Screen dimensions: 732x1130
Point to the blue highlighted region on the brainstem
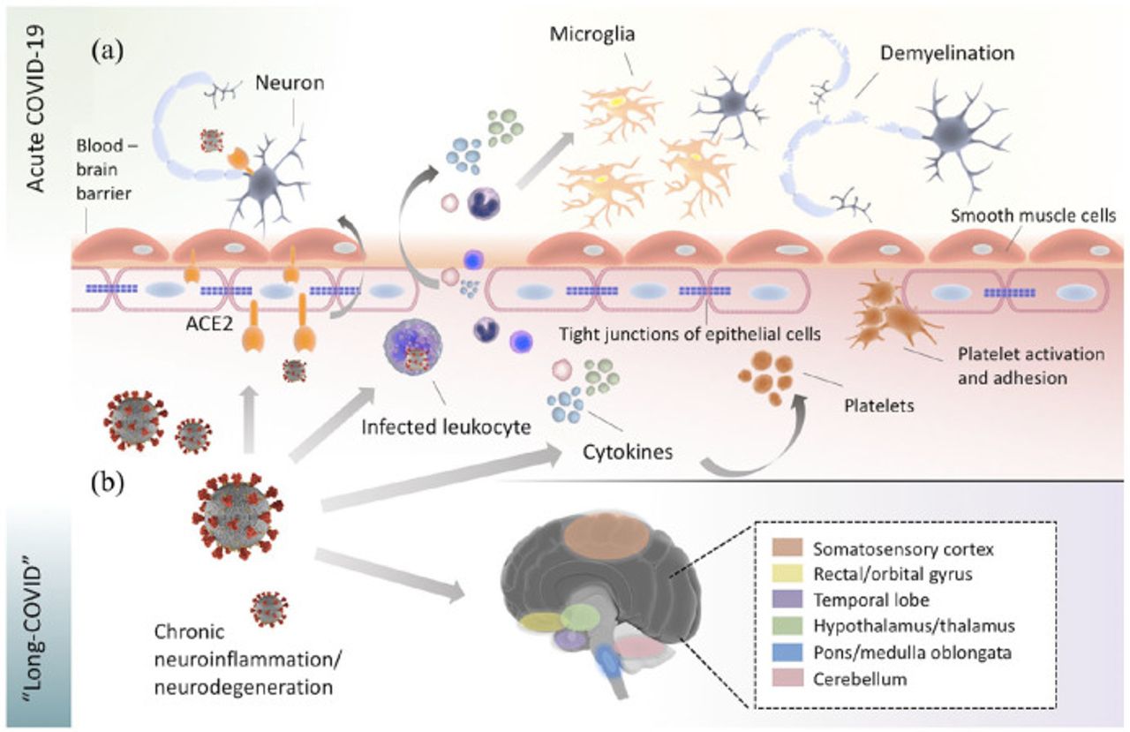609,661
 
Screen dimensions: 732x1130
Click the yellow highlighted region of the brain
539,622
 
